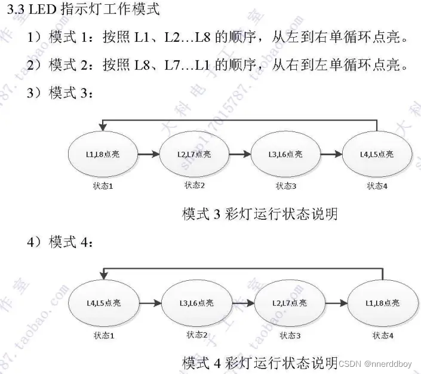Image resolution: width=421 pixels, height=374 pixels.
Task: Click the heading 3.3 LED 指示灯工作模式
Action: tap(83, 10)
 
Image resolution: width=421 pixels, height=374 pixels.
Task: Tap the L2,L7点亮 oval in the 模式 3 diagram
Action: tap(194, 155)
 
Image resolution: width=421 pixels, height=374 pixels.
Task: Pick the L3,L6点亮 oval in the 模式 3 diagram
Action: tap(285, 155)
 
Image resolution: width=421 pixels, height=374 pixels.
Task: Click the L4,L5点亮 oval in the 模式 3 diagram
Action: tap(377, 155)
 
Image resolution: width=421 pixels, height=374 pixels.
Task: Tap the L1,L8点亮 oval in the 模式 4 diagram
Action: tap(382, 304)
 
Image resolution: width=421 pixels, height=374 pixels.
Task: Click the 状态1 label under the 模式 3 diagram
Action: tap(103, 186)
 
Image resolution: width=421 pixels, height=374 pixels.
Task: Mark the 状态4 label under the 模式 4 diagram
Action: tap(383, 335)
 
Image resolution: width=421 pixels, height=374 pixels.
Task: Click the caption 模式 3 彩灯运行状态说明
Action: tap(260, 213)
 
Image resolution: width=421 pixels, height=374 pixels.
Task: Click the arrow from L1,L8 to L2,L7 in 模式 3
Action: tap(149, 155)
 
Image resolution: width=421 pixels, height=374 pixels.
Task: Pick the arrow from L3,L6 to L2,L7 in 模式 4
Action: tap(242, 304)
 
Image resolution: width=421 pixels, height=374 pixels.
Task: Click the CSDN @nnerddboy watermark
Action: tap(376, 363)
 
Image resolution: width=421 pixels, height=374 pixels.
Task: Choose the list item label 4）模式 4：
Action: tap(59, 242)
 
